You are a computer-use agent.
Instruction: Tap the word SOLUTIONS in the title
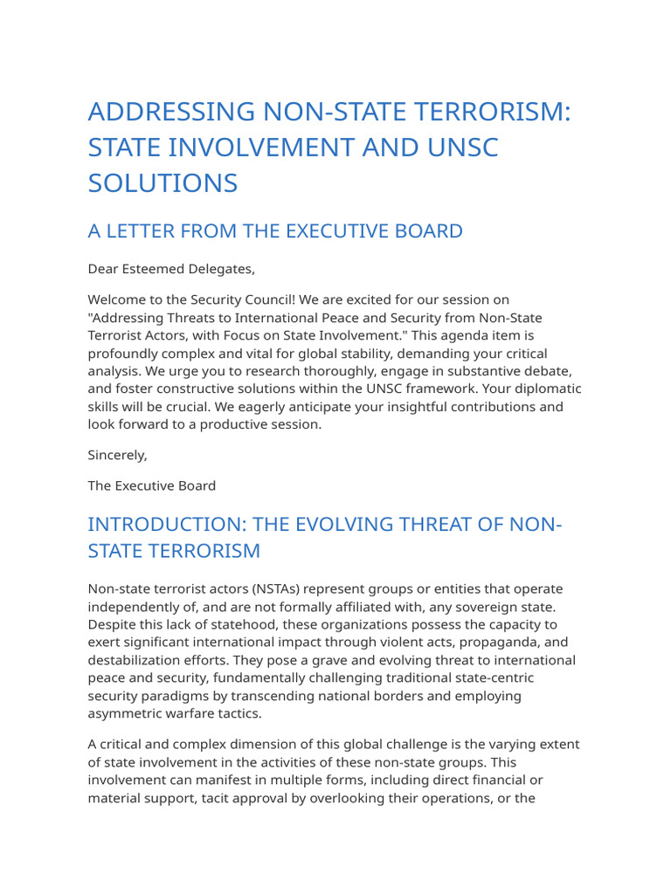pos(163,182)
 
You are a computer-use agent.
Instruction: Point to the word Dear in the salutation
pos(104,268)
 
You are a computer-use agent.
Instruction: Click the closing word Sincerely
pos(117,455)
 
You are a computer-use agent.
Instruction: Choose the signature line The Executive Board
pos(151,485)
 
